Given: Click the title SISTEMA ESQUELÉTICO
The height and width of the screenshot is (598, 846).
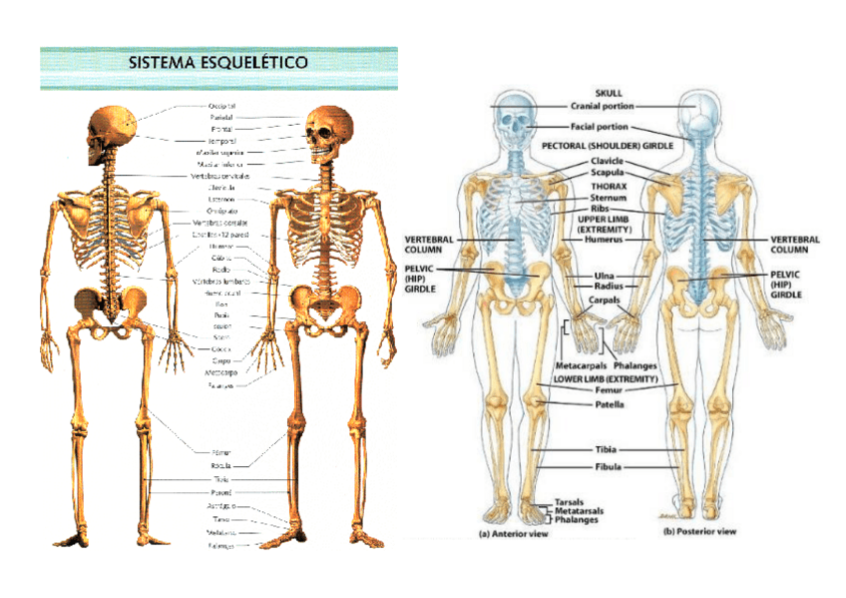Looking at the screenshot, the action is click(x=218, y=62).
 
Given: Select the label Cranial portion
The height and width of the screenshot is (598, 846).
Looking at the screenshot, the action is click(x=602, y=106).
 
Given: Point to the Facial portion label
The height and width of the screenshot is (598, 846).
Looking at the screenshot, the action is click(x=600, y=128).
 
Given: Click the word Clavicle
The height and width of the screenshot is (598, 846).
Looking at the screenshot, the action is click(x=607, y=160).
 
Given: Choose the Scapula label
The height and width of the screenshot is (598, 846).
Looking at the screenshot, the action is click(x=607, y=172).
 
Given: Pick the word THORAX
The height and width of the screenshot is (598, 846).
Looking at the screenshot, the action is click(x=608, y=186).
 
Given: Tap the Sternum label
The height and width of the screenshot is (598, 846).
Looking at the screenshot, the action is click(x=608, y=198).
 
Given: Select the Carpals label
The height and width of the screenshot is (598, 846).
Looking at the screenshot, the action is click(x=608, y=299).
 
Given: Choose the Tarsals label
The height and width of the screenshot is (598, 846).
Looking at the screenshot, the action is click(x=570, y=502).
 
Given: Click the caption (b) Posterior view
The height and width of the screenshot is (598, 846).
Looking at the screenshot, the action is click(x=700, y=532).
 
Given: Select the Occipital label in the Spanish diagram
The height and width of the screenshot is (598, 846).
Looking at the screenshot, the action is click(x=221, y=106).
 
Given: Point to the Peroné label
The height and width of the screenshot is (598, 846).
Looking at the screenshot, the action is click(x=221, y=492).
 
